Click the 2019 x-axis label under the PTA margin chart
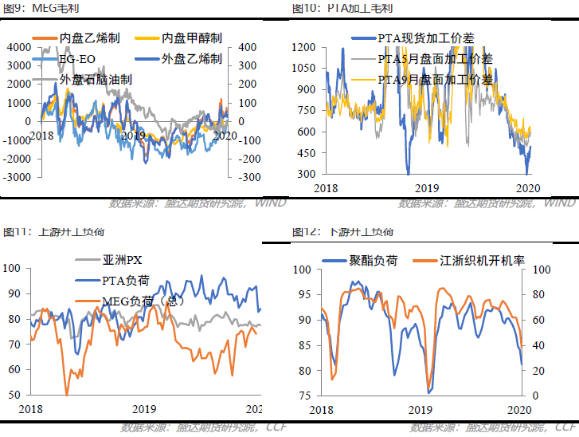click(x=429, y=187)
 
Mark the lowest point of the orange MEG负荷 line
click(x=67, y=394)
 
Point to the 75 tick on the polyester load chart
click(x=306, y=396)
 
